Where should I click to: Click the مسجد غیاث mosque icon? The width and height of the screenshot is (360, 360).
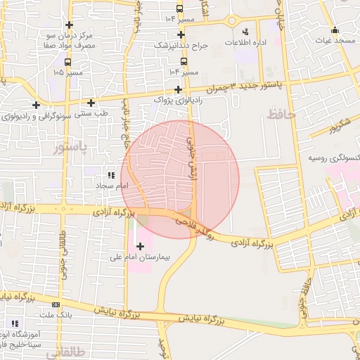335,30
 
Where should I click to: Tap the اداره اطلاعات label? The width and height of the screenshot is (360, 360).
245,43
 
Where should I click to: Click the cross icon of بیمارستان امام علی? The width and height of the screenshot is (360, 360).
140,246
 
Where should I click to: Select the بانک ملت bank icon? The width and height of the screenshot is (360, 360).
56,304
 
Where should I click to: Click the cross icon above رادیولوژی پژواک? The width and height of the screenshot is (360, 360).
179,89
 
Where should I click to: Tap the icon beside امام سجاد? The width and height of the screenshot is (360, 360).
110,175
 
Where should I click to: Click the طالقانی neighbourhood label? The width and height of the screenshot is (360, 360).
62,354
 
